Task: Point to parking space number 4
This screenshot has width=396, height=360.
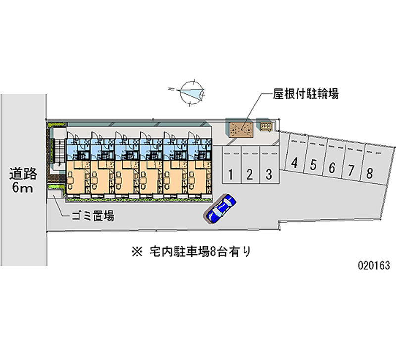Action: [295, 163]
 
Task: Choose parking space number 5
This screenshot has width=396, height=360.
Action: [313, 165]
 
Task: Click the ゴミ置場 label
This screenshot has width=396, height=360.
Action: [93, 216]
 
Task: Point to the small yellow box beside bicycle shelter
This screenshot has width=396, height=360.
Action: [266, 127]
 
